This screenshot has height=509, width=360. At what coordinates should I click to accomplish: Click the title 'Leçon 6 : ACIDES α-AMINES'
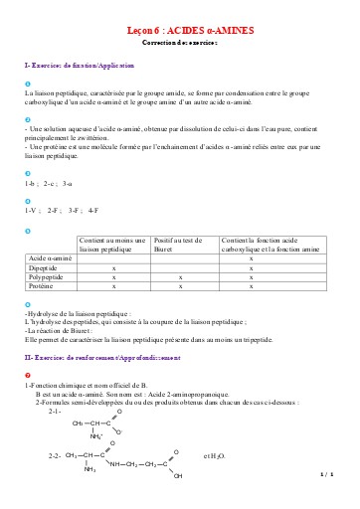point(180,32)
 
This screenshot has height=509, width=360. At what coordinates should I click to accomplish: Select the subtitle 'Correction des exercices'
point(180,45)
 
